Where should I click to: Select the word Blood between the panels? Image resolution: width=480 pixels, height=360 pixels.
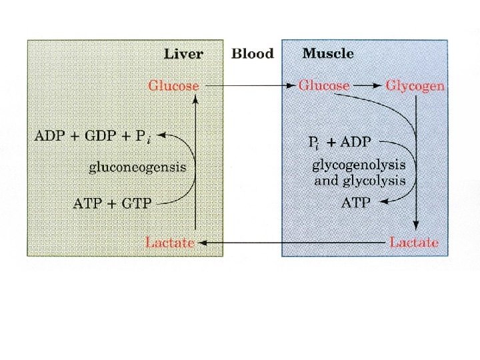pyautogui.click(x=252, y=53)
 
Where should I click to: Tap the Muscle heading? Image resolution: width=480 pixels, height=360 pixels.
pyautogui.click(x=328, y=53)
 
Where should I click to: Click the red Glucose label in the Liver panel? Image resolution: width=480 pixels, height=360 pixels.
pyautogui.click(x=173, y=86)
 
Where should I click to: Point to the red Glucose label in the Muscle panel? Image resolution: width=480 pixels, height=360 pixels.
pyautogui.click(x=324, y=86)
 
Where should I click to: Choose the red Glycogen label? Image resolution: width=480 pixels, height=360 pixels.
pyautogui.click(x=415, y=86)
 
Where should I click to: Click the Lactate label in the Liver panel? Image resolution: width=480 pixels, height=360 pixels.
pyautogui.click(x=170, y=243)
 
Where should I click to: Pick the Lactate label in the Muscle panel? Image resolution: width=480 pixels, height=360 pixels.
pyautogui.click(x=414, y=243)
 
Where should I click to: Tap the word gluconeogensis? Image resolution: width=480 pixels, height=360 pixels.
pyautogui.click(x=137, y=167)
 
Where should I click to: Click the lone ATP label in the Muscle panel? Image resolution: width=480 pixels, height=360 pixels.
pyautogui.click(x=355, y=202)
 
